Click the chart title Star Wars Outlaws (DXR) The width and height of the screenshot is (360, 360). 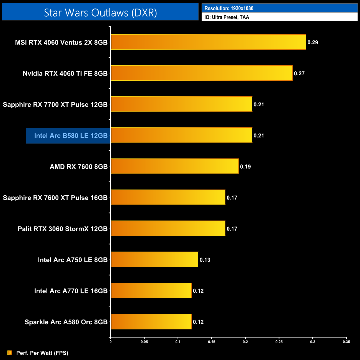[100, 13]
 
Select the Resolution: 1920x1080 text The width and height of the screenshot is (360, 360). [229, 8]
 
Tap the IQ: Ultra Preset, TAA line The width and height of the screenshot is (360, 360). [227, 17]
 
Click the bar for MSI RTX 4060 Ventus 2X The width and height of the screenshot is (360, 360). [208, 42]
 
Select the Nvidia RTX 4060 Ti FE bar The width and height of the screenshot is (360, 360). [202, 73]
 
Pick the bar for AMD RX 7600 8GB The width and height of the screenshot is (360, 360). [175, 166]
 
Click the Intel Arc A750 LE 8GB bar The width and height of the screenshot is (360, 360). [155, 259]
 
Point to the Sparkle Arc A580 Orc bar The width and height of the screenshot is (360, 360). [151, 322]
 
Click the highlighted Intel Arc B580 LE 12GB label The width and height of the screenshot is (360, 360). [71, 136]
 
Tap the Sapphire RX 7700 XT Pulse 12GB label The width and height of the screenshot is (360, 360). [55, 105]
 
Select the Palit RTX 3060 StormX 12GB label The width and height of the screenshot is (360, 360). [63, 229]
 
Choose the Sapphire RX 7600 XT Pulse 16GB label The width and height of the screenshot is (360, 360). [55, 198]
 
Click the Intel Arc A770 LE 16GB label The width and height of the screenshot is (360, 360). [71, 291]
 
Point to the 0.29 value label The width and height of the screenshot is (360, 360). [313, 42]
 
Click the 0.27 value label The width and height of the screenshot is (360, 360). [299, 73]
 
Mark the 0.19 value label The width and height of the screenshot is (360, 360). [245, 167]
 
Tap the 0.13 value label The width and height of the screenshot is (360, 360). [205, 260]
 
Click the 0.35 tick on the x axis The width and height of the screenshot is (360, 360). [346, 342]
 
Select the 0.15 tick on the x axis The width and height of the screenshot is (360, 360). [212, 342]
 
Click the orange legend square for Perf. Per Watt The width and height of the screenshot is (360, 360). [10, 353]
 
